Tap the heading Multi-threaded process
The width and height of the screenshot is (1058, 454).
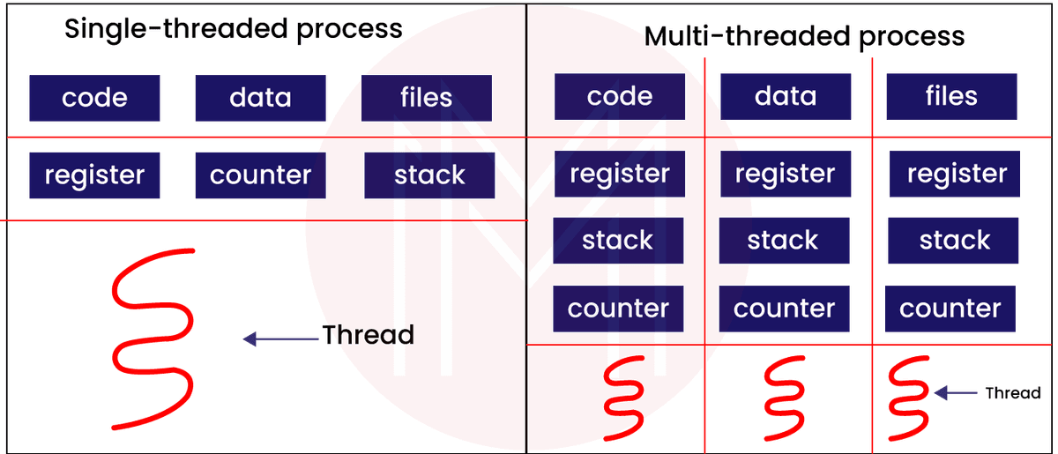click(x=804, y=36)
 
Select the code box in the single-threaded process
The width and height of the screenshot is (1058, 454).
click(x=94, y=97)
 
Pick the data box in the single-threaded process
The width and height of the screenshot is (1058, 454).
click(x=260, y=97)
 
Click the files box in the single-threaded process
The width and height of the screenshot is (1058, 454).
click(x=427, y=97)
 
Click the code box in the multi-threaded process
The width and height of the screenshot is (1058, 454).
click(x=619, y=96)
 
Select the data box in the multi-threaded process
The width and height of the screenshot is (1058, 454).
click(x=786, y=96)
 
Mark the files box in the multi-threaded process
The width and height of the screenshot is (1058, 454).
click(x=951, y=96)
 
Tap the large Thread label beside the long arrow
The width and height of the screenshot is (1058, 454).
click(x=368, y=335)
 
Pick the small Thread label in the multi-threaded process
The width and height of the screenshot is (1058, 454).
click(x=1012, y=393)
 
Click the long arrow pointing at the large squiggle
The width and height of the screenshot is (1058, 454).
click(x=280, y=337)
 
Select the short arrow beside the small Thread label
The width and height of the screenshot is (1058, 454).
click(x=954, y=393)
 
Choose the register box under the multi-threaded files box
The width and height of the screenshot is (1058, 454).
click(x=956, y=174)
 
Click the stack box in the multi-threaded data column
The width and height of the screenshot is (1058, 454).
click(x=784, y=240)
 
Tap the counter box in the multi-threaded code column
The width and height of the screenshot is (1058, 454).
click(x=618, y=309)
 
